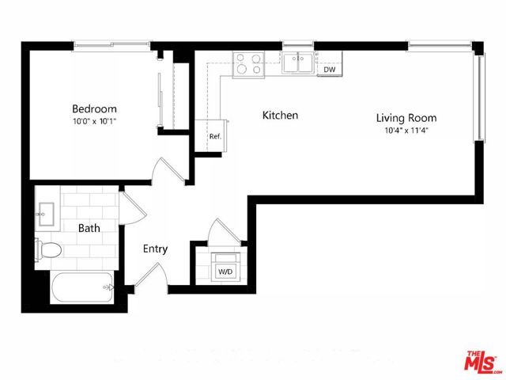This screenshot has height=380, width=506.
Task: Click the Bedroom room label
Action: [x=94, y=108]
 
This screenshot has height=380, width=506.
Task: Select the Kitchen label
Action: [x=280, y=116]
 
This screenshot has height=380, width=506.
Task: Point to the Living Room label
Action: [x=406, y=118]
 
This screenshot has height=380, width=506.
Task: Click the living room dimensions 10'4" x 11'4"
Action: [x=406, y=131]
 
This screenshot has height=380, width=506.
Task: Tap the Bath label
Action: [x=89, y=229]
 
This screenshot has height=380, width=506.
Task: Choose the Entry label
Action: [x=155, y=249]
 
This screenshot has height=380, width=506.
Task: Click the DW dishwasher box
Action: [x=330, y=70]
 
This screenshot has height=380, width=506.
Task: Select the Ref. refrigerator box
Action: [x=214, y=135]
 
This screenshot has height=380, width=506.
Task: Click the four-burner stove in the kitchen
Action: [x=249, y=63]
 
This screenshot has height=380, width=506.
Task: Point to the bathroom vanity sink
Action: [x=43, y=211]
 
